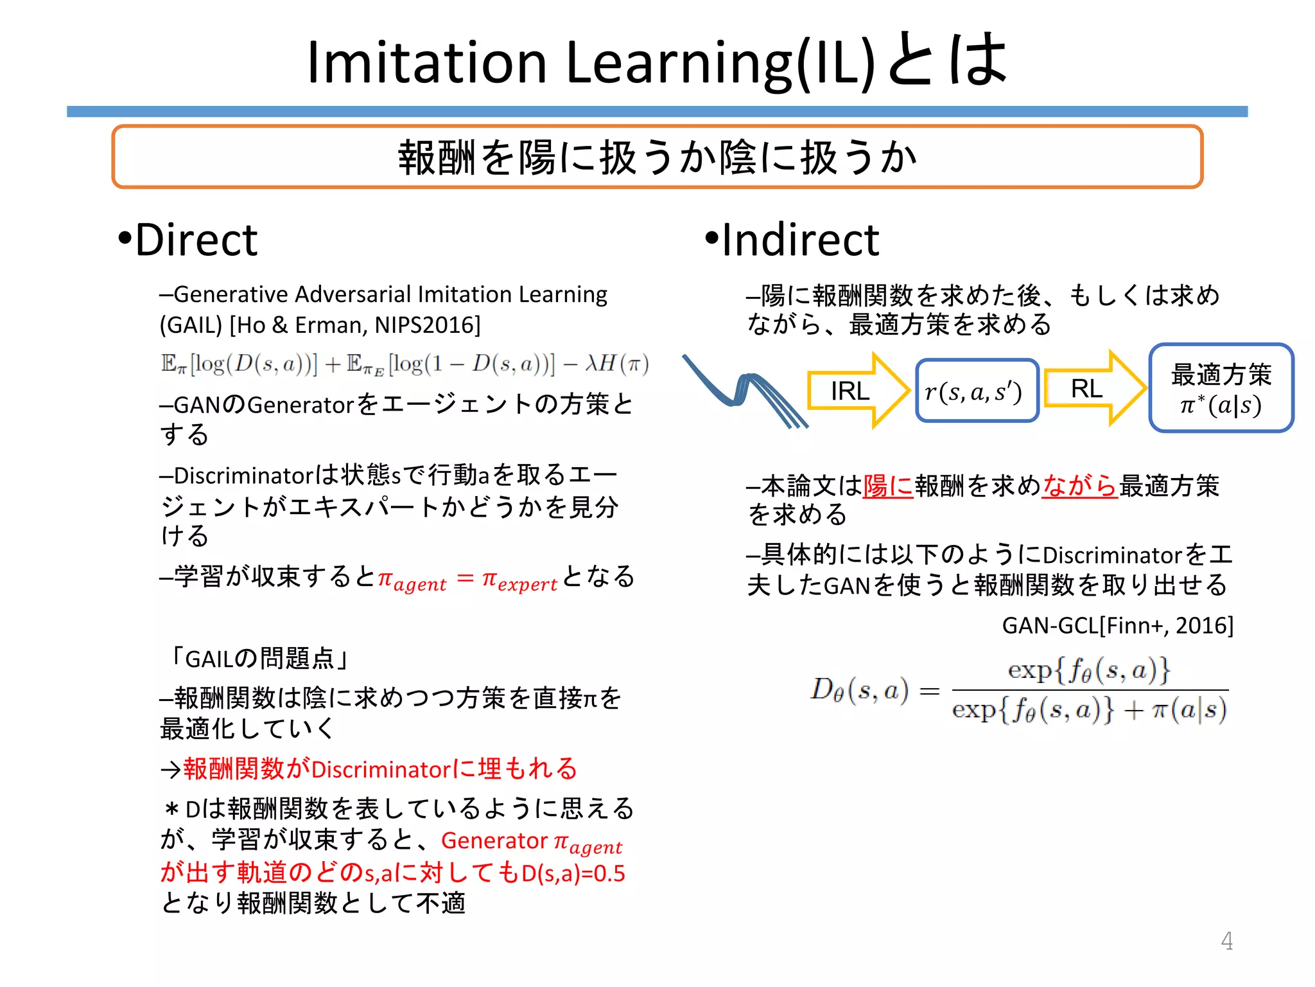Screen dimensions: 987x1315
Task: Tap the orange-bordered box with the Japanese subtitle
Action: coord(656,157)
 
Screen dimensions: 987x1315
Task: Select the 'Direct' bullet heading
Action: coord(188,240)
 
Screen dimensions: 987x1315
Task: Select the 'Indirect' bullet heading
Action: coord(792,240)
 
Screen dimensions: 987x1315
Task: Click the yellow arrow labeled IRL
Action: coord(857,390)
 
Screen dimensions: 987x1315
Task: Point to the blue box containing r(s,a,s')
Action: coord(976,391)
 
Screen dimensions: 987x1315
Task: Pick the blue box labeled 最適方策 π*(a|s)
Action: coord(1220,388)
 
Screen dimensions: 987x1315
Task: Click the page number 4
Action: coord(1226,941)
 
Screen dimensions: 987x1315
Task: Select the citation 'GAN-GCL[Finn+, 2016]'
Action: coord(1117,625)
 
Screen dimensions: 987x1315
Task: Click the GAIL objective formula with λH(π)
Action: coord(405,365)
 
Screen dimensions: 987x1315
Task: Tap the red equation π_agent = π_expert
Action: coord(467,580)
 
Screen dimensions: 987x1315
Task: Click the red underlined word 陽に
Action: coord(888,486)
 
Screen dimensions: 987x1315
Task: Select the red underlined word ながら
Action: coord(1079,486)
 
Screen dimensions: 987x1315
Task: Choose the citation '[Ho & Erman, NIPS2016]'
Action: coord(356,325)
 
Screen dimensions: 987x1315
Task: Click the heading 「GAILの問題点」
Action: coord(258,658)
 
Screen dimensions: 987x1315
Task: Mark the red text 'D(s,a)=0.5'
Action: coord(573,873)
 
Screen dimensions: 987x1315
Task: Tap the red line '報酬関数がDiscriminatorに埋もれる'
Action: coord(380,769)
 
